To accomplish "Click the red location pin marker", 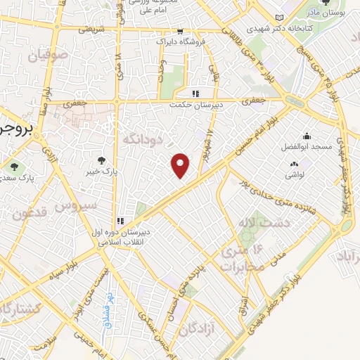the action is [181, 165].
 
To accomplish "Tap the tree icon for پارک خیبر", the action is [104, 160].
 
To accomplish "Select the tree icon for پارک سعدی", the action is [14, 166].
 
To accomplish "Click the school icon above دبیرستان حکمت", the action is [196, 93].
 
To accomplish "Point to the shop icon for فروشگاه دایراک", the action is [181, 31].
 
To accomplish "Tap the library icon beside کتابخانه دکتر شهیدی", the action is [281, 17].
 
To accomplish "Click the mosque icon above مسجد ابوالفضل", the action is [306, 136].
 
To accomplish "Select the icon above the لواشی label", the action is [293, 165].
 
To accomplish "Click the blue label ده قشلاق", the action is [110, 308].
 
